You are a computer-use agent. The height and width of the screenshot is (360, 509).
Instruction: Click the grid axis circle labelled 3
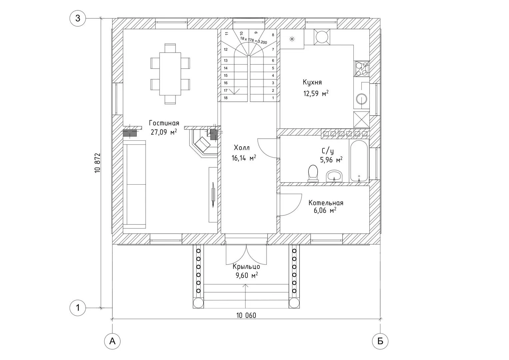pyautogui.click(x=78, y=18)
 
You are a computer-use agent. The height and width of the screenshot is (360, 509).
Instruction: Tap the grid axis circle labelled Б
pyautogui.click(x=380, y=341)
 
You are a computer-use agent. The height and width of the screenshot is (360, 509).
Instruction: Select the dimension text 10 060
pyautogui.click(x=246, y=315)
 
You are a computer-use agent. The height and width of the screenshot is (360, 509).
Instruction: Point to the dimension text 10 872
pyautogui.click(x=97, y=163)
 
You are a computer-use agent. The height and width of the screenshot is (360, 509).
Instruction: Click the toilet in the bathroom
pyautogui.click(x=313, y=174)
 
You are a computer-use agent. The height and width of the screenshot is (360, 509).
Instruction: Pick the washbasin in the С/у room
pyautogui.click(x=334, y=176)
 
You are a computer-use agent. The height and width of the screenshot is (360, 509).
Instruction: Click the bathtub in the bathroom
pyautogui.click(x=359, y=160)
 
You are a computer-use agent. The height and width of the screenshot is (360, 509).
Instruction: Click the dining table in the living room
pyautogui.click(x=170, y=74)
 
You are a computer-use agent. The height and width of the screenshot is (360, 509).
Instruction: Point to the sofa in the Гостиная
pyautogui.click(x=134, y=184)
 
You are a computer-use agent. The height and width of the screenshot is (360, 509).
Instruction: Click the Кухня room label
pyautogui.click(x=312, y=82)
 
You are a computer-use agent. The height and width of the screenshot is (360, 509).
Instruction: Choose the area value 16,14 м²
pyautogui.click(x=244, y=158)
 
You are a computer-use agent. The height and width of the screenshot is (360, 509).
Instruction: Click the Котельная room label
pyautogui.click(x=326, y=203)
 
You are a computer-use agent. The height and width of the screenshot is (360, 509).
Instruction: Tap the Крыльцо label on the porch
pyautogui.click(x=246, y=267)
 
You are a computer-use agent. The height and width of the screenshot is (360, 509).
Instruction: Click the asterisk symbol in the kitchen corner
pyautogui.click(x=292, y=39)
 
